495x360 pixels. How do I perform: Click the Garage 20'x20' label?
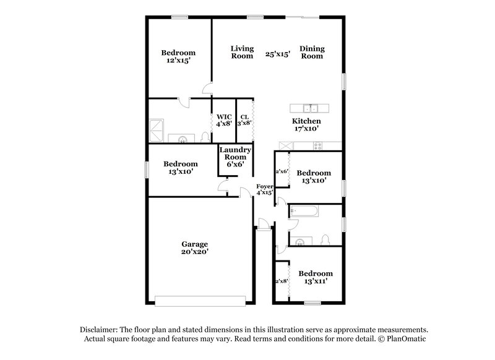(194, 247)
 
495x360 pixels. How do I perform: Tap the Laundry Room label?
(235, 158)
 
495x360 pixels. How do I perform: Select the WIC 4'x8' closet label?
(223, 120)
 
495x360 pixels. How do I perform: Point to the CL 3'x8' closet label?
(244, 119)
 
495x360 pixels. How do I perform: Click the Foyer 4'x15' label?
(265, 189)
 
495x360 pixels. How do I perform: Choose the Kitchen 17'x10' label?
(306, 126)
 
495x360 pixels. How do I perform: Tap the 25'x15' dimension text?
(278, 54)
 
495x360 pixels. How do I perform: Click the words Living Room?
(242, 52)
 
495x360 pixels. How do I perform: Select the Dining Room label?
(312, 52)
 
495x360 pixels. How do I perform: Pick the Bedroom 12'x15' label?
(179, 57)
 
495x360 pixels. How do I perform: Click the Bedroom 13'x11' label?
(315, 277)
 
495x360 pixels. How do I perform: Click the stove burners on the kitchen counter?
(319, 147)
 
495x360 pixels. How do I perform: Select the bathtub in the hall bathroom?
(304, 212)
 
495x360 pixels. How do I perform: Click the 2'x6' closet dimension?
(282, 171)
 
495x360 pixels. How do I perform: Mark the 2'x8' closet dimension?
(282, 281)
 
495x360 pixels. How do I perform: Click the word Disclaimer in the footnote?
(100, 330)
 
